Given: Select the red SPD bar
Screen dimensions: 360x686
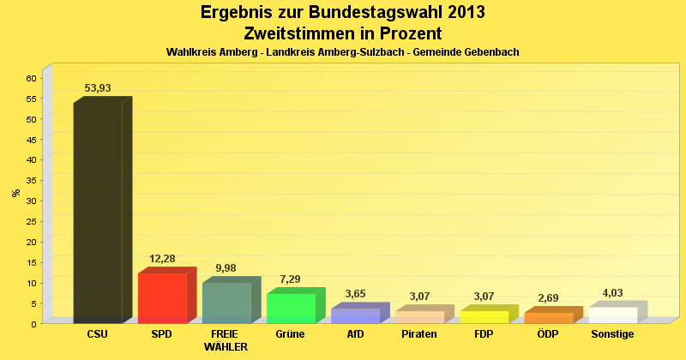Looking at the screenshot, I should [x=162, y=297].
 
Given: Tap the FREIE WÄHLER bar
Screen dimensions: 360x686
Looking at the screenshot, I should [x=226, y=303].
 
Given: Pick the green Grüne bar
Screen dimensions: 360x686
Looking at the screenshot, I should [x=291, y=308].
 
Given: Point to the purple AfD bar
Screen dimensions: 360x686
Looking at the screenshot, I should [x=355, y=315].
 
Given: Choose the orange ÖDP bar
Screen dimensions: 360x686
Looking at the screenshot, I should [x=548, y=318].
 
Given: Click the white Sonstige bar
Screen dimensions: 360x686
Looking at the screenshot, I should [x=612, y=315].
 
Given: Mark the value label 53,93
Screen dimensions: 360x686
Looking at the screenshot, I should [x=98, y=88].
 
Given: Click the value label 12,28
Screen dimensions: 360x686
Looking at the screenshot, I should [x=162, y=259].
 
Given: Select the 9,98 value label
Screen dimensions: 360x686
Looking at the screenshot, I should [x=226, y=268].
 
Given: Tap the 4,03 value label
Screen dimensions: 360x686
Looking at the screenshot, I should [x=612, y=292].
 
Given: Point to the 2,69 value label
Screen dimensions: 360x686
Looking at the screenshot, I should [x=548, y=298].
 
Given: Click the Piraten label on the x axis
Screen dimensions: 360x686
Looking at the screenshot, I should [x=419, y=333].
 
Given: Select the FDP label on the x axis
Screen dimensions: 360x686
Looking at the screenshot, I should [x=484, y=333].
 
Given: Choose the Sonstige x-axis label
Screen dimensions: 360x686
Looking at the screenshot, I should [x=612, y=333].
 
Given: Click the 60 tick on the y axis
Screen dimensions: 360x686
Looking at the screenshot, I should [x=31, y=78].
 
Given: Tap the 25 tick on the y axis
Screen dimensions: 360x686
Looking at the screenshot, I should [x=31, y=221].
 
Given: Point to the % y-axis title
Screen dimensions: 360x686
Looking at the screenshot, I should [x=16, y=192].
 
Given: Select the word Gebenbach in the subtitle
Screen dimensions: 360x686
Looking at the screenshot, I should [x=489, y=52].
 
